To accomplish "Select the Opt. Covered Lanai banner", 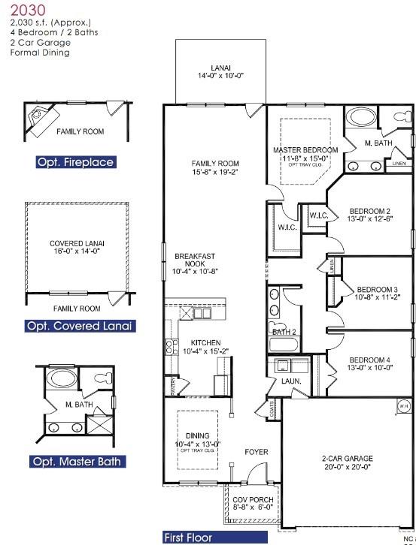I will click(80, 326).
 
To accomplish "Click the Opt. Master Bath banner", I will click(78, 462).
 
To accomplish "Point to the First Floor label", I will click(188, 537).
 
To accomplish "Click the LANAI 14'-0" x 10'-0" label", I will click(220, 72).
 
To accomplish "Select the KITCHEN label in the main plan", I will click(200, 347).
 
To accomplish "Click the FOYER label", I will click(257, 453).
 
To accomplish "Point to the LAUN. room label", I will click(290, 381).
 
